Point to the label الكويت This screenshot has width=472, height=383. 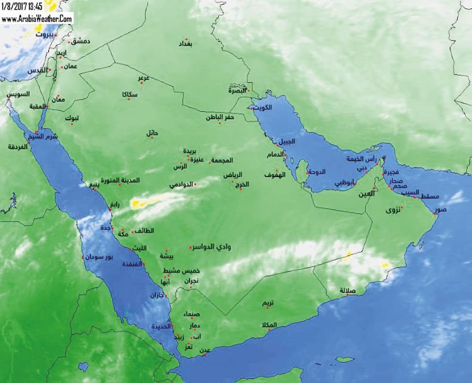pos(263,107)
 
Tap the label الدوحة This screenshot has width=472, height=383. pos(317,172)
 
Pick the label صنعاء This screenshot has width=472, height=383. pos(193,314)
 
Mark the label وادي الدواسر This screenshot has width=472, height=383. pos(213,247)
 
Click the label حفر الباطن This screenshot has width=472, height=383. pos(219,117)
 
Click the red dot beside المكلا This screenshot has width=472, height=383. pos(269,330)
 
